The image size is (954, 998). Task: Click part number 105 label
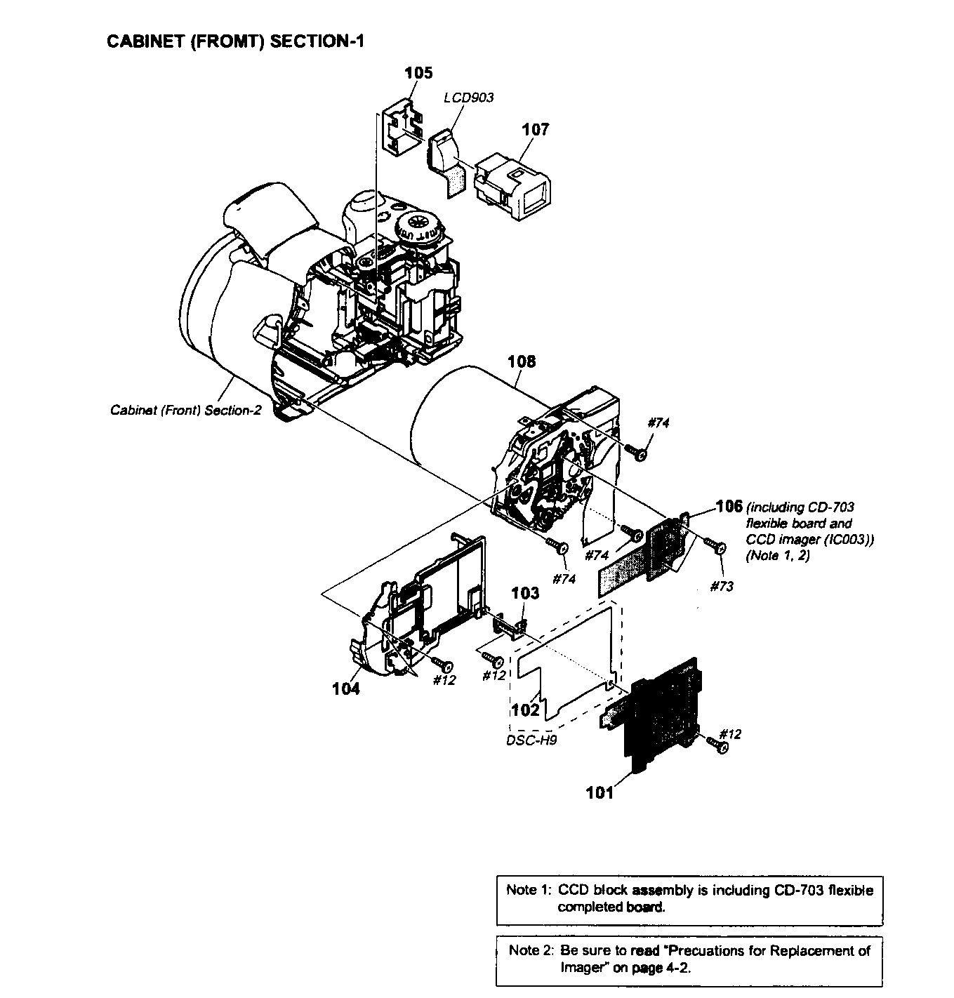point(418,72)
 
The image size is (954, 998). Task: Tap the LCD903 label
point(468,97)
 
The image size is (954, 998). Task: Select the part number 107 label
point(535,129)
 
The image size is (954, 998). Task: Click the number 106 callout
point(729,506)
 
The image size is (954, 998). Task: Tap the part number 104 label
point(346,688)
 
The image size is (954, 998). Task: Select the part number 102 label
point(525,710)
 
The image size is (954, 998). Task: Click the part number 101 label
point(599,792)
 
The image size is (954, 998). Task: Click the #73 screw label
point(721,585)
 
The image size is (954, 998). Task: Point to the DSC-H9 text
point(531,740)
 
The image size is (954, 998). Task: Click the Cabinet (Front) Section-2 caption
point(185,410)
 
